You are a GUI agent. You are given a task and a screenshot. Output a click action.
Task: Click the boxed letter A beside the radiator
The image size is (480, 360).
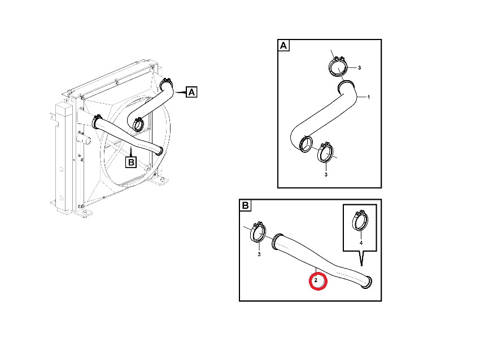[191, 92]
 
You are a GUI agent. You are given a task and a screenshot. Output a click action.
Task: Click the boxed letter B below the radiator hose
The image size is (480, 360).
[131, 162]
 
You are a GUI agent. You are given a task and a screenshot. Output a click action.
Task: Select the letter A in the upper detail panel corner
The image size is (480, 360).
[283, 46]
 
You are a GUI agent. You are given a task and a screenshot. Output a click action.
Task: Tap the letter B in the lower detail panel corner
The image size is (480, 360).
[245, 205]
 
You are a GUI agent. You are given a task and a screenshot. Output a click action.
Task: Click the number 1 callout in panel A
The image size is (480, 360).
[369, 97]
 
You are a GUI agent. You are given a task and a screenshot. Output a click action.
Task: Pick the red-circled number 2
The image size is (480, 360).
[316, 280]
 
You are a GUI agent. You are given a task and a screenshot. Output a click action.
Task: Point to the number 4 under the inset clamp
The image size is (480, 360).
[361, 243]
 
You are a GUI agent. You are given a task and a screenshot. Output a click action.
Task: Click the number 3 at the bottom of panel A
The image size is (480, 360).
[326, 175]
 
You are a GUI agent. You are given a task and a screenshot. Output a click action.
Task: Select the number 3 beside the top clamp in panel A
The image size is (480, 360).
[359, 68]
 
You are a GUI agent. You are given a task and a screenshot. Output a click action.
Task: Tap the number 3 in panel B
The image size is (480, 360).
[259, 254]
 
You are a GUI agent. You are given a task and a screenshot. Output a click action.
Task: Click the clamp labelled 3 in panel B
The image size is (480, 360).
[258, 232]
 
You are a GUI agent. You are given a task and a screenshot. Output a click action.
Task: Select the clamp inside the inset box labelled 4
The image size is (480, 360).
[360, 220]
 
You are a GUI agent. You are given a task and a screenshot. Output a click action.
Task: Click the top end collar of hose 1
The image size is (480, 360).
[347, 86]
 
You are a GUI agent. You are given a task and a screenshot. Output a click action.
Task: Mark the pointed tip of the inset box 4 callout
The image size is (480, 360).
[361, 266]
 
